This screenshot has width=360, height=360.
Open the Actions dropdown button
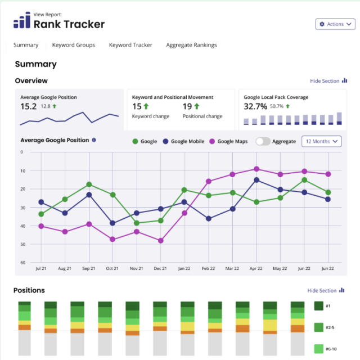(335, 24)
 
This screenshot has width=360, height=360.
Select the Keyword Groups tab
(74, 45)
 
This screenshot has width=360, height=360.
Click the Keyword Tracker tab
(130, 45)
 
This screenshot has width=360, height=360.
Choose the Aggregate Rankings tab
(191, 45)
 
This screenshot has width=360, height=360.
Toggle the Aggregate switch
(262, 141)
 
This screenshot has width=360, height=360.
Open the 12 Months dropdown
(322, 141)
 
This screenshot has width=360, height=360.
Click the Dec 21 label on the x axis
(160, 269)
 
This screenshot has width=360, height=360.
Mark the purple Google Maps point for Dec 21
(161, 241)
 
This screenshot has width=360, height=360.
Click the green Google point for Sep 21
(89, 184)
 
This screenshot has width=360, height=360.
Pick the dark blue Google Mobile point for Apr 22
(256, 180)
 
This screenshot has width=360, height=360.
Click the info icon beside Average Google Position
(94, 140)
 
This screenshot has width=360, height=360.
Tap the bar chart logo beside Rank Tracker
(21, 21)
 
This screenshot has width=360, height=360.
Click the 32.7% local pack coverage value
(255, 106)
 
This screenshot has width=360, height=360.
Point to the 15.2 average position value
(29, 106)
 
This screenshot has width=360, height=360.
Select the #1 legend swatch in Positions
(318, 306)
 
